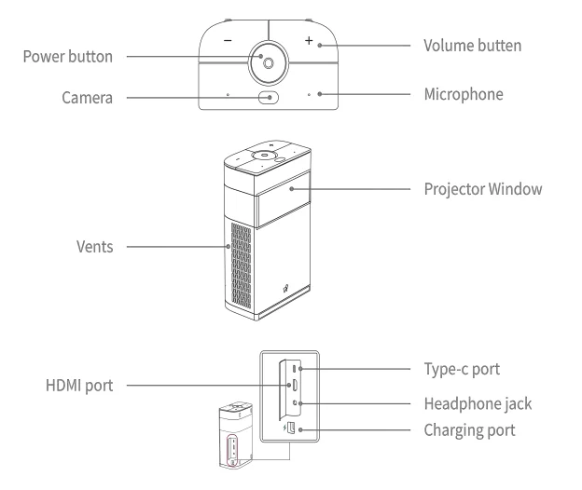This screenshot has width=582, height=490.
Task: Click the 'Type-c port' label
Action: (460, 370)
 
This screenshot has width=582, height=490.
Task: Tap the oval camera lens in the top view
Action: (268, 96)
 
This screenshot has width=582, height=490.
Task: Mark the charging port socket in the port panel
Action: (293, 429)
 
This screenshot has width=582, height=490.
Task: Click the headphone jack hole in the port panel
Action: (295, 403)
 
